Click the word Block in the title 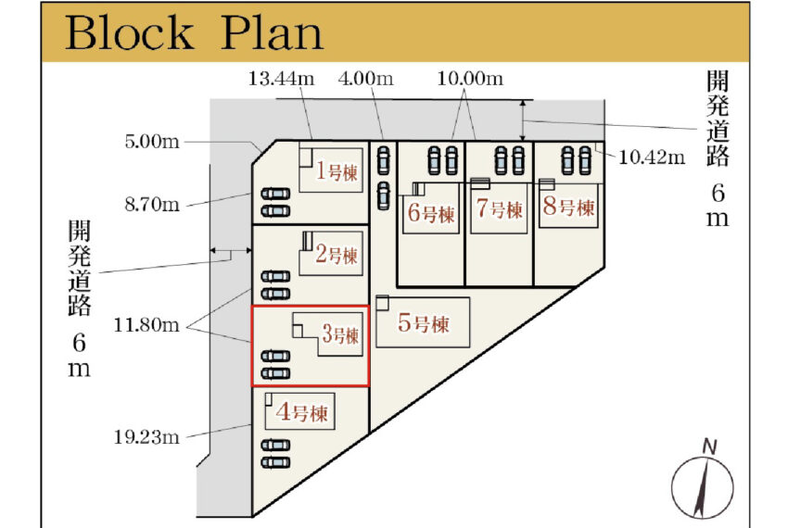point(129,32)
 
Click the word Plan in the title point(272,32)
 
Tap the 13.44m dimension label point(282,79)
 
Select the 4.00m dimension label point(366,79)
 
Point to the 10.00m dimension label point(470,79)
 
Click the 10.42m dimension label point(652,157)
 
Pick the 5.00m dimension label point(152,142)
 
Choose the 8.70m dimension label point(152,205)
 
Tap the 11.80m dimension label point(146,325)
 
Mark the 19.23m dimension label point(146,437)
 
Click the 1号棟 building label point(337,171)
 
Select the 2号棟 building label point(337,254)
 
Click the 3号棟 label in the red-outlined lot point(341,334)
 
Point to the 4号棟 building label point(301,412)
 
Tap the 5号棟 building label point(424,323)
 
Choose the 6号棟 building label point(431,213)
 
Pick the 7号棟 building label point(500,209)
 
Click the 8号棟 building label point(569,207)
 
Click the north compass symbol point(703,487)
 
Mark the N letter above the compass point(709,446)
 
